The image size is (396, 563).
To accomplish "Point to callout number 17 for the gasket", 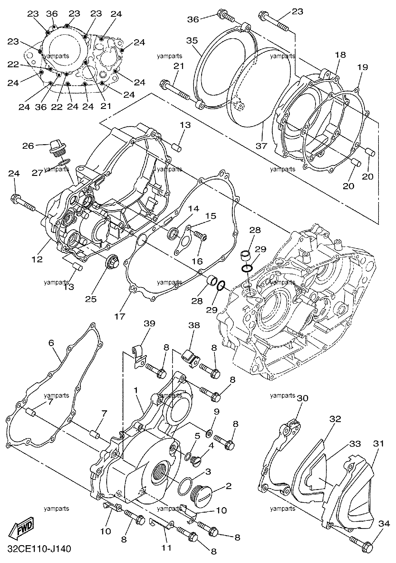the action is (120, 316).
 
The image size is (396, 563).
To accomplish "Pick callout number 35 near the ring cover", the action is (192, 40).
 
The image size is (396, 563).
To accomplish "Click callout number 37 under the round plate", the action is (261, 146).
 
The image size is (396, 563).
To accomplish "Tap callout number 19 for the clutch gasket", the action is (363, 67).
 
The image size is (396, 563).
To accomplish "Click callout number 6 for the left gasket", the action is (51, 343).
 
